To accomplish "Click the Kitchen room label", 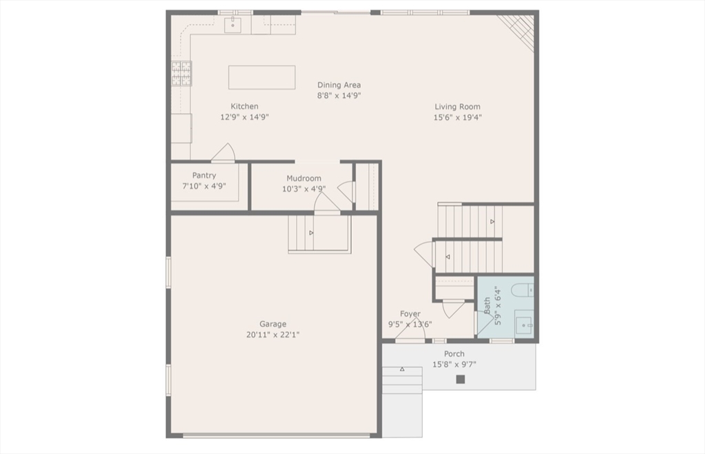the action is pyautogui.click(x=244, y=107).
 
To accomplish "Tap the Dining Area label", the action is pyautogui.click(x=339, y=85).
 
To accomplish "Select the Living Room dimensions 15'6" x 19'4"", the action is pyautogui.click(x=458, y=117).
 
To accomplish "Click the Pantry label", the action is pyautogui.click(x=204, y=176).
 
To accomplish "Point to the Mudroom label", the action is pyautogui.click(x=304, y=178).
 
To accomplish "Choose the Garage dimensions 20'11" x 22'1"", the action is pyautogui.click(x=273, y=335).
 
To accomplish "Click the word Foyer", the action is pyautogui.click(x=410, y=313).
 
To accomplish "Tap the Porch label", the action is pyautogui.click(x=454, y=353).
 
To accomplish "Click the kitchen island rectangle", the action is pyautogui.click(x=262, y=77).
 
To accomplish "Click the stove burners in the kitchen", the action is pyautogui.click(x=182, y=73).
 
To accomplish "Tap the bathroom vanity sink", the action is pyautogui.click(x=524, y=325).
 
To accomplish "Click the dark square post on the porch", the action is pyautogui.click(x=461, y=380).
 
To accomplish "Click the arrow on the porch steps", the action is pyautogui.click(x=402, y=369).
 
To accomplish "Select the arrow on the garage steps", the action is pyautogui.click(x=311, y=233).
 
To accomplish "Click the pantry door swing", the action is pyautogui.click(x=224, y=153).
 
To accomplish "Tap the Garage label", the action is pyautogui.click(x=273, y=324).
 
